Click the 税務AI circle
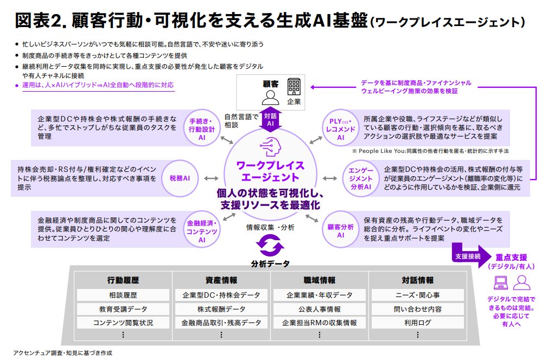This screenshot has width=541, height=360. click(179, 178)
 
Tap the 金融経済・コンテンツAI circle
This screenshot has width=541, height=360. click(201, 231)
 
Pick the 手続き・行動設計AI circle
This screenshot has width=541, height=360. click(201, 129)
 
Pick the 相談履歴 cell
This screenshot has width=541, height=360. click(123, 295)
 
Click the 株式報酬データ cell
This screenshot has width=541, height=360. click(221, 309)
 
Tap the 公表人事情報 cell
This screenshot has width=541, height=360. click(320, 309)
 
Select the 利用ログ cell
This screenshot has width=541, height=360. click(417, 323)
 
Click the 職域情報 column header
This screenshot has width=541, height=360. click(320, 280)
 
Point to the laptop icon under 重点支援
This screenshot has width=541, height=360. click(500, 282)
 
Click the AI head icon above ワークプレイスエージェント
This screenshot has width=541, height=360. click(270, 147)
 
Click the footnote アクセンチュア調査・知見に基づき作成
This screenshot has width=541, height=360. click(62, 353)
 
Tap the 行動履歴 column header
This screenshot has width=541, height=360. click(123, 280)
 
